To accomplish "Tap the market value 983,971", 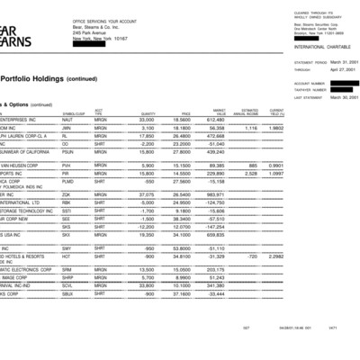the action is [215, 193].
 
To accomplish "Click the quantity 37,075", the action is [147, 193].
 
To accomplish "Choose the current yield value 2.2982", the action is [275, 256].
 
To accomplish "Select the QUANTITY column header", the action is [148, 112].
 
